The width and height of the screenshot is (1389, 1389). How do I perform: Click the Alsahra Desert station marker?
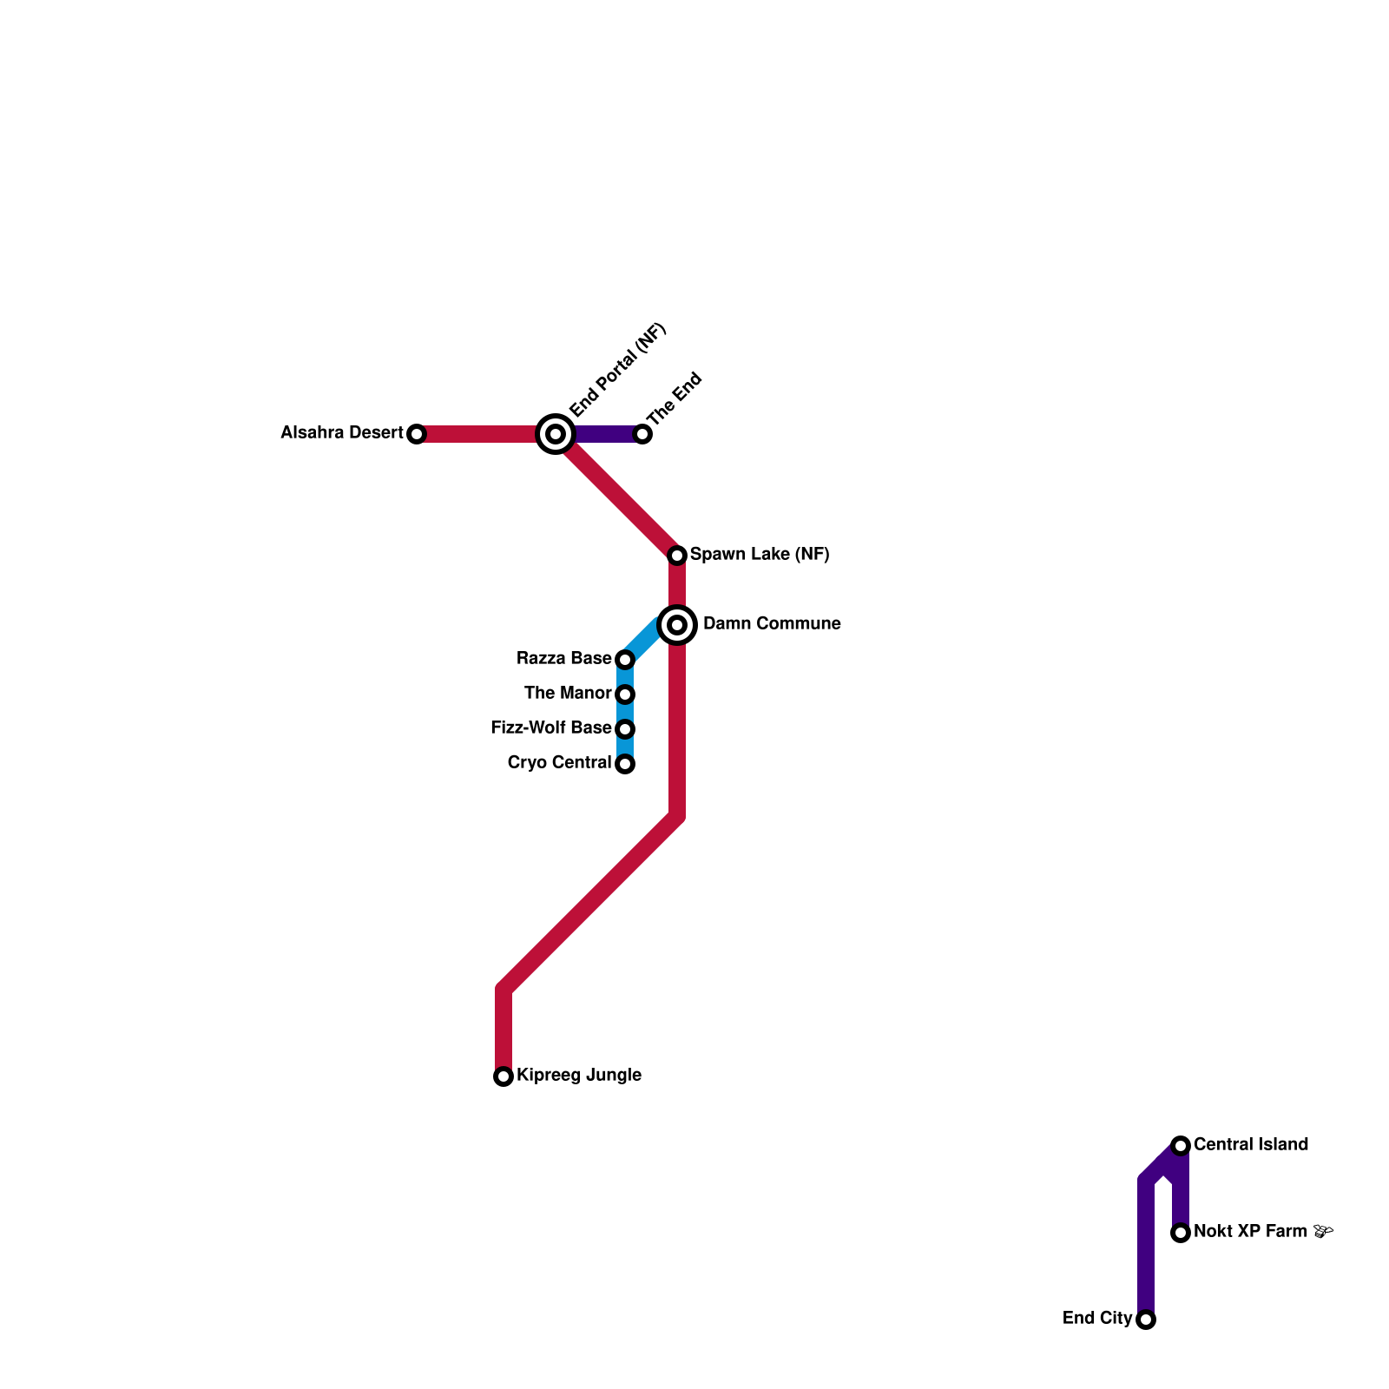pos(417,434)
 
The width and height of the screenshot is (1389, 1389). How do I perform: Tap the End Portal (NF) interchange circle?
pos(556,434)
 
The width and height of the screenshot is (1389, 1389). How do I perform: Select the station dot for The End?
pos(642,434)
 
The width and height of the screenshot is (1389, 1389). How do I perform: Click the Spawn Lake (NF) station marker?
pos(677,555)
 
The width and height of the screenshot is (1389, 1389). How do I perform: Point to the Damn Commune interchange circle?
pos(677,625)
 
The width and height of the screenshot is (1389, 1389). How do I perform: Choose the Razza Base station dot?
pos(625,660)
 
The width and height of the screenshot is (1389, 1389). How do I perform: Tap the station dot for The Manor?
pos(625,694)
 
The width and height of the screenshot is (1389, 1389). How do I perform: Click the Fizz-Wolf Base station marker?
pos(625,729)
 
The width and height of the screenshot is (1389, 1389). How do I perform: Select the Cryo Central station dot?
pos(625,764)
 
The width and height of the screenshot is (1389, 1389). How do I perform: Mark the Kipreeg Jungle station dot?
pos(504,1076)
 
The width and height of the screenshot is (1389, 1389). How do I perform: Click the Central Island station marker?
pos(1180,1146)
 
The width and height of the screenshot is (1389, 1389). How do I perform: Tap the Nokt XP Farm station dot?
pos(1180,1233)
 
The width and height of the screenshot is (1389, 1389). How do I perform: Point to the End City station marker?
pos(1146,1320)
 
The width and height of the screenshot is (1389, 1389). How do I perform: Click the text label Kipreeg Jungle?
pos(579,1076)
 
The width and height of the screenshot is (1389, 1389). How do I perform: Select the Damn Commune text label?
pos(772,624)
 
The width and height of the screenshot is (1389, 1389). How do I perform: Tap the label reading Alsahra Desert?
pos(342,433)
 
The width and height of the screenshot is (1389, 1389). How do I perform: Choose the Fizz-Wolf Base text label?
pos(551,728)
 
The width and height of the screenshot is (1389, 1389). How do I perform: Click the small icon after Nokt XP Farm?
pos(1323,1231)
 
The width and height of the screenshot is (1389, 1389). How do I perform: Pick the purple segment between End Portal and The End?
pos(605,434)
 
